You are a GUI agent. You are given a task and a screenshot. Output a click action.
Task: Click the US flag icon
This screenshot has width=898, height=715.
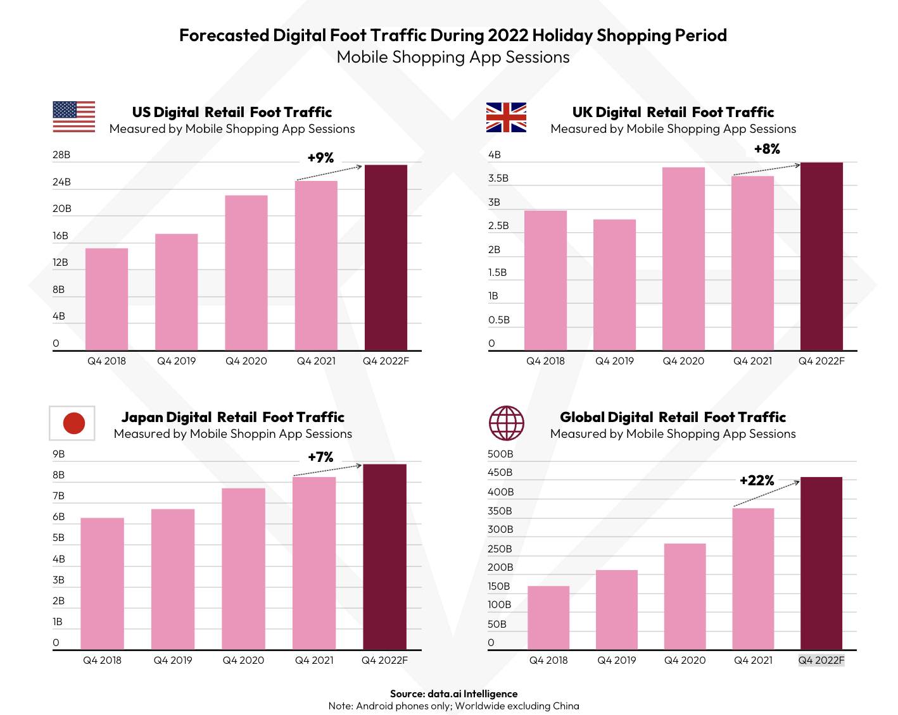73,116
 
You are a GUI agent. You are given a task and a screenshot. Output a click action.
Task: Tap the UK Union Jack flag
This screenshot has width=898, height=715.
506,117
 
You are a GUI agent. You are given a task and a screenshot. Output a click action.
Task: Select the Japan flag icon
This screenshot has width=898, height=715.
72,423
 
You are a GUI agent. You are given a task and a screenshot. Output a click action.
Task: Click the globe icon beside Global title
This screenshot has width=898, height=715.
506,423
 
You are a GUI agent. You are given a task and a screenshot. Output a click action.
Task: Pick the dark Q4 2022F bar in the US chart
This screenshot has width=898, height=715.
386,258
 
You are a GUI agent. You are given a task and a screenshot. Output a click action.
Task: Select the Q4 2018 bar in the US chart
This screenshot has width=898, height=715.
106,299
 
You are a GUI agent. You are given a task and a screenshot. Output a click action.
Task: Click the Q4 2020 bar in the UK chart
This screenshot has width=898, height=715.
683,259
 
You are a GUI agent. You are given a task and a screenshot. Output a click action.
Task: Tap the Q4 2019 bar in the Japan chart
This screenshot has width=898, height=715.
173,579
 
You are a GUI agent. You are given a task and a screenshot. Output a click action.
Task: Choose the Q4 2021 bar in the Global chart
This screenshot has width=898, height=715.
753,578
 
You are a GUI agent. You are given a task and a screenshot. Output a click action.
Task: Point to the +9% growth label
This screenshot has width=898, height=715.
320,158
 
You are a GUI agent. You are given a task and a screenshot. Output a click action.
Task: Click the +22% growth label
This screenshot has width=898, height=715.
757,481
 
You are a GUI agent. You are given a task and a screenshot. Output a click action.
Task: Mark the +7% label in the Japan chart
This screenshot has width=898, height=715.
320,457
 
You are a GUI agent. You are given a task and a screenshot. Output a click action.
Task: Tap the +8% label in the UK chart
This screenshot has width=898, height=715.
767,149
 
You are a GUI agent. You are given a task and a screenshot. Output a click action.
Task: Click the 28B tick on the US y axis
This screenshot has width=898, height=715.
61,155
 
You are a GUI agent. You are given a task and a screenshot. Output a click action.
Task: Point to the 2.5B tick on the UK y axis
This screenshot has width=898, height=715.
498,226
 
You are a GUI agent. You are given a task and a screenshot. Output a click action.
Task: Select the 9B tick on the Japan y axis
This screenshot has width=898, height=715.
59,454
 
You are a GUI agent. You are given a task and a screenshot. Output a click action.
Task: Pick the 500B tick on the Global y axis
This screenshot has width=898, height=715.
500,454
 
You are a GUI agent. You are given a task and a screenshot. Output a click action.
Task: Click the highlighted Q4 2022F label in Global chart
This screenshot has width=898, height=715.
821,661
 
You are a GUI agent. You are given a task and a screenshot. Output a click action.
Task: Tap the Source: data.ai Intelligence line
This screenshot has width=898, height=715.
453,693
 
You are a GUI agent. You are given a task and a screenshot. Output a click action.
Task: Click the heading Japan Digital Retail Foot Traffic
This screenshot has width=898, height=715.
232,418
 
